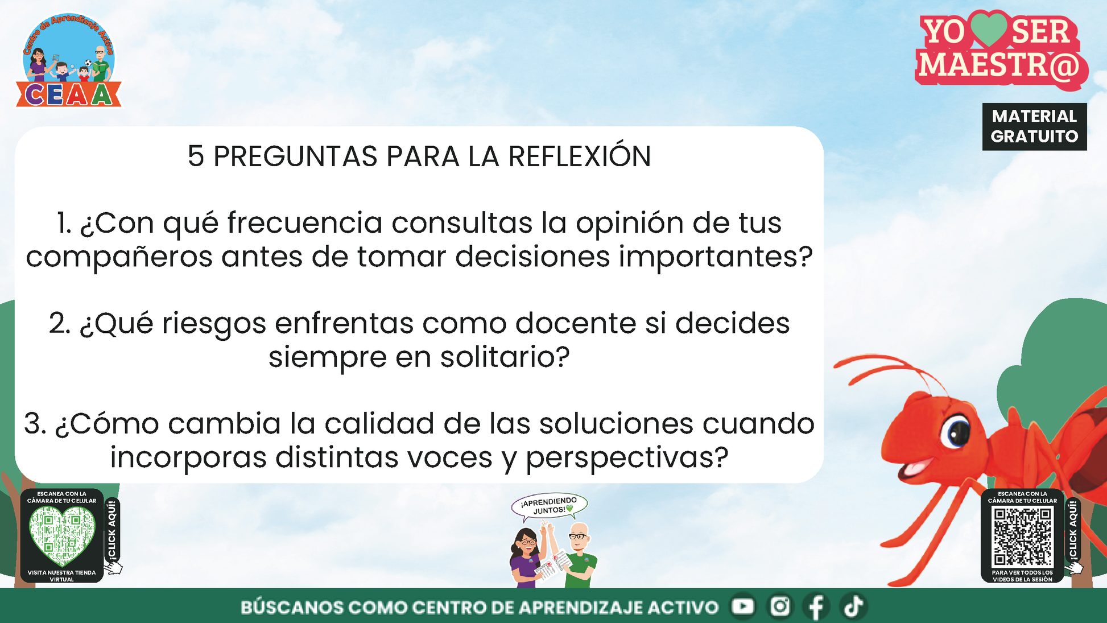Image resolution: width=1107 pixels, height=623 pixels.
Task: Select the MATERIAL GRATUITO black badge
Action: coord(1034,126)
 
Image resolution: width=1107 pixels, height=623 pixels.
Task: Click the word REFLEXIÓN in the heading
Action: coord(579,156)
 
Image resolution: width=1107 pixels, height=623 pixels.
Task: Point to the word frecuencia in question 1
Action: coord(304,222)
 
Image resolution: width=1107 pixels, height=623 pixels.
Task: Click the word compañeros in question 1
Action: coord(119,257)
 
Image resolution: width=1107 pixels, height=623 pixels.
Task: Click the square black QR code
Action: coord(1022,537)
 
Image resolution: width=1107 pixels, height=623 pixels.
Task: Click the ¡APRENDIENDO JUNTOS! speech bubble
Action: coord(548,506)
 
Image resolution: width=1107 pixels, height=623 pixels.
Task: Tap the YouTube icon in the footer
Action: coord(742,607)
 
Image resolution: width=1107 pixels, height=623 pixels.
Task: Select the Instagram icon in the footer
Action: coord(780,607)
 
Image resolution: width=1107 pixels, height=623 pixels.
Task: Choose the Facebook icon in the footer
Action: coord(816,607)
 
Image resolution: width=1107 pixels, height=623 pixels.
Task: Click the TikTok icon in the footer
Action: coord(853,607)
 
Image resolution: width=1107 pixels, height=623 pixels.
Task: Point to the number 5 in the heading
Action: coord(196,156)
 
